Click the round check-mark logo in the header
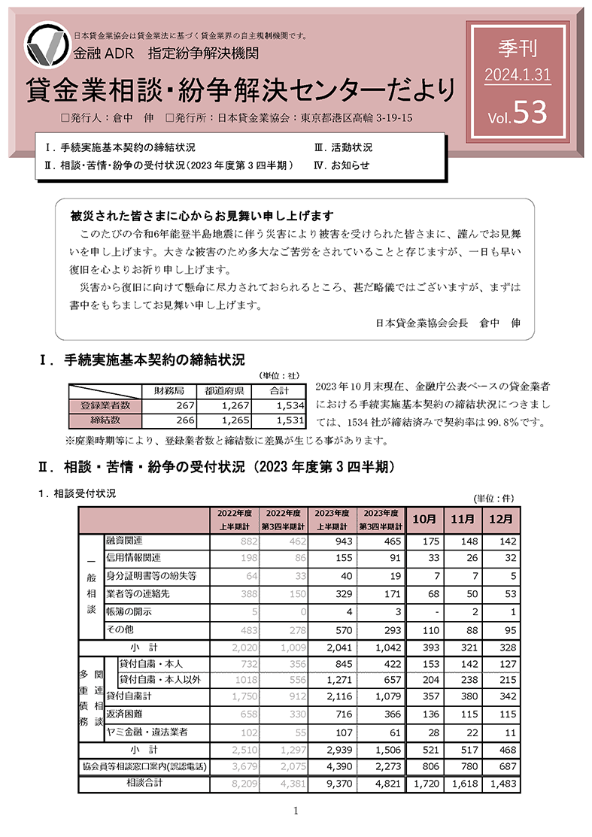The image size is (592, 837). (47, 46)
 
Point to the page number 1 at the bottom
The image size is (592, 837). (296, 811)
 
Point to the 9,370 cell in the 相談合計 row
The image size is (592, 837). (334, 784)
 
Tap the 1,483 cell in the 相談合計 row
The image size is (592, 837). (500, 784)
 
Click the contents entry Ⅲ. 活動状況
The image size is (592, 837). (343, 147)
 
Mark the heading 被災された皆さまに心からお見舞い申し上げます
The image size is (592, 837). (202, 214)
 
